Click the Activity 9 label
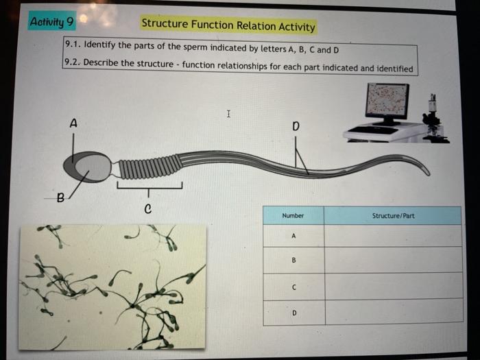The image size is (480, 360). (x=52, y=21)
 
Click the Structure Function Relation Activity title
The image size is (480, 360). (x=228, y=26)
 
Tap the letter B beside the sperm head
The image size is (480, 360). (x=60, y=200)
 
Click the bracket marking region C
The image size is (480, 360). (x=149, y=186)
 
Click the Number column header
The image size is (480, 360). (x=293, y=215)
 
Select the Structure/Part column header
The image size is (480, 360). (x=393, y=215)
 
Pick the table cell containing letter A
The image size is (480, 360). (x=293, y=235)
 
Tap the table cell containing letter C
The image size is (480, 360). (x=293, y=287)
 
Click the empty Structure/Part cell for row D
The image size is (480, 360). (x=393, y=312)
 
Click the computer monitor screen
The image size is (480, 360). (x=387, y=100)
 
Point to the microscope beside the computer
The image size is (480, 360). (x=432, y=120)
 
